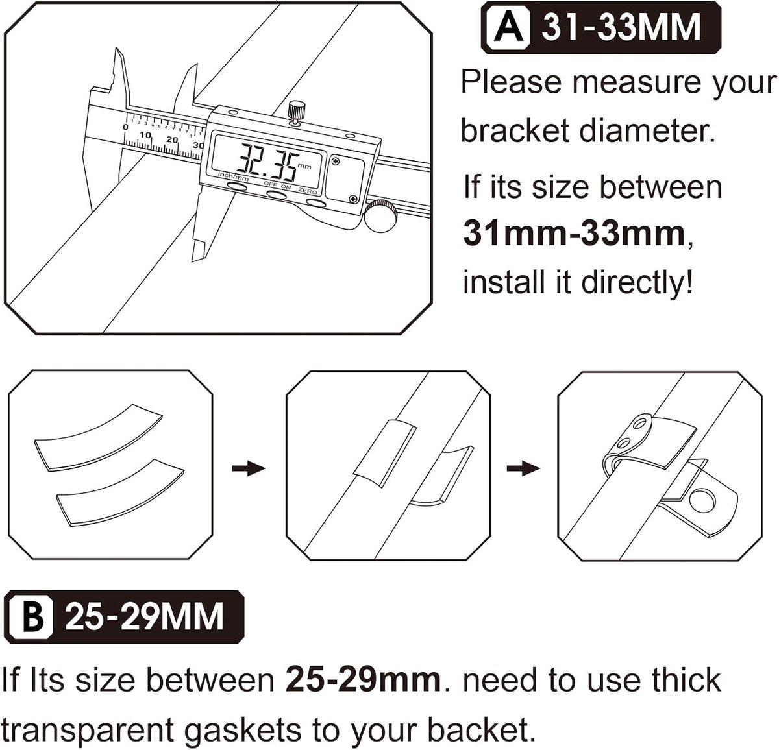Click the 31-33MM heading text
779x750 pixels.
pyautogui.click(x=621, y=27)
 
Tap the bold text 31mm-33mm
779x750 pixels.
pyautogui.click(x=574, y=234)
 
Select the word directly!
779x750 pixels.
pyautogui.click(x=636, y=283)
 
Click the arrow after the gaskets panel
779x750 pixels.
pyautogui.click(x=249, y=468)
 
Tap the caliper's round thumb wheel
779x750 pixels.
pyautogui.click(x=380, y=215)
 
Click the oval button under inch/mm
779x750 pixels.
pyautogui.click(x=238, y=186)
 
